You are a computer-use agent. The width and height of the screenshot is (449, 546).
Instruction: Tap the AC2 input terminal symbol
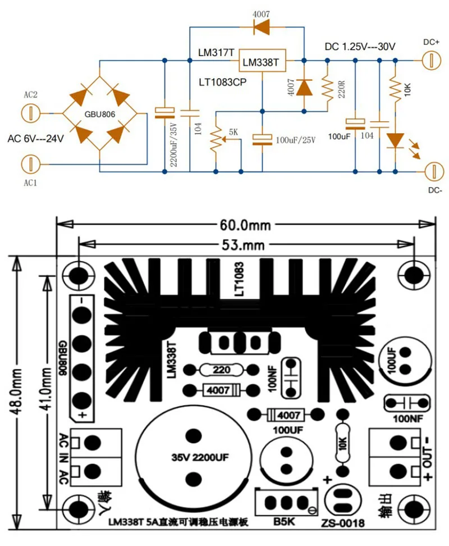pos(31,113)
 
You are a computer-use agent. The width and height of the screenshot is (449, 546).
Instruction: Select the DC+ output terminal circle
pos(432,60)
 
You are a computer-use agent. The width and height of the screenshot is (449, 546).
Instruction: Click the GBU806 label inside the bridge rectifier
pos(100,114)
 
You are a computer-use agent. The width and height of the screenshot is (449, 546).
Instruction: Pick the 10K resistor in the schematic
pos(395,89)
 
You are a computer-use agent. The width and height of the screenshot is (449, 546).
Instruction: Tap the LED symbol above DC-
pos(396,140)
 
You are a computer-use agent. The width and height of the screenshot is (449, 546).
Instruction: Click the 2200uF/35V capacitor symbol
pos(164,112)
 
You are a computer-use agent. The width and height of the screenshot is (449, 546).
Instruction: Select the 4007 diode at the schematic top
pos(261,27)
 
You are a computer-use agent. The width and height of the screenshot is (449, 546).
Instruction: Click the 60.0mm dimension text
pos(245,225)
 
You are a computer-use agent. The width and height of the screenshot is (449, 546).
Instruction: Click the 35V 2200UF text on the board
pos(200,457)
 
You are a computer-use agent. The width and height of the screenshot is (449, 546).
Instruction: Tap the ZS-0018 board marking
pos(343,522)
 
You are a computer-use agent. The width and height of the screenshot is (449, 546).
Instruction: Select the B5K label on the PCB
pos(284,521)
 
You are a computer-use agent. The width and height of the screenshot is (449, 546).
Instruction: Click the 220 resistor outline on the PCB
pos(221,370)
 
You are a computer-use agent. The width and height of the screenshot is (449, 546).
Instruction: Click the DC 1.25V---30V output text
pos(360,47)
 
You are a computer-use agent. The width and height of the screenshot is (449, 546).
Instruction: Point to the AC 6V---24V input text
pos(36,139)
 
